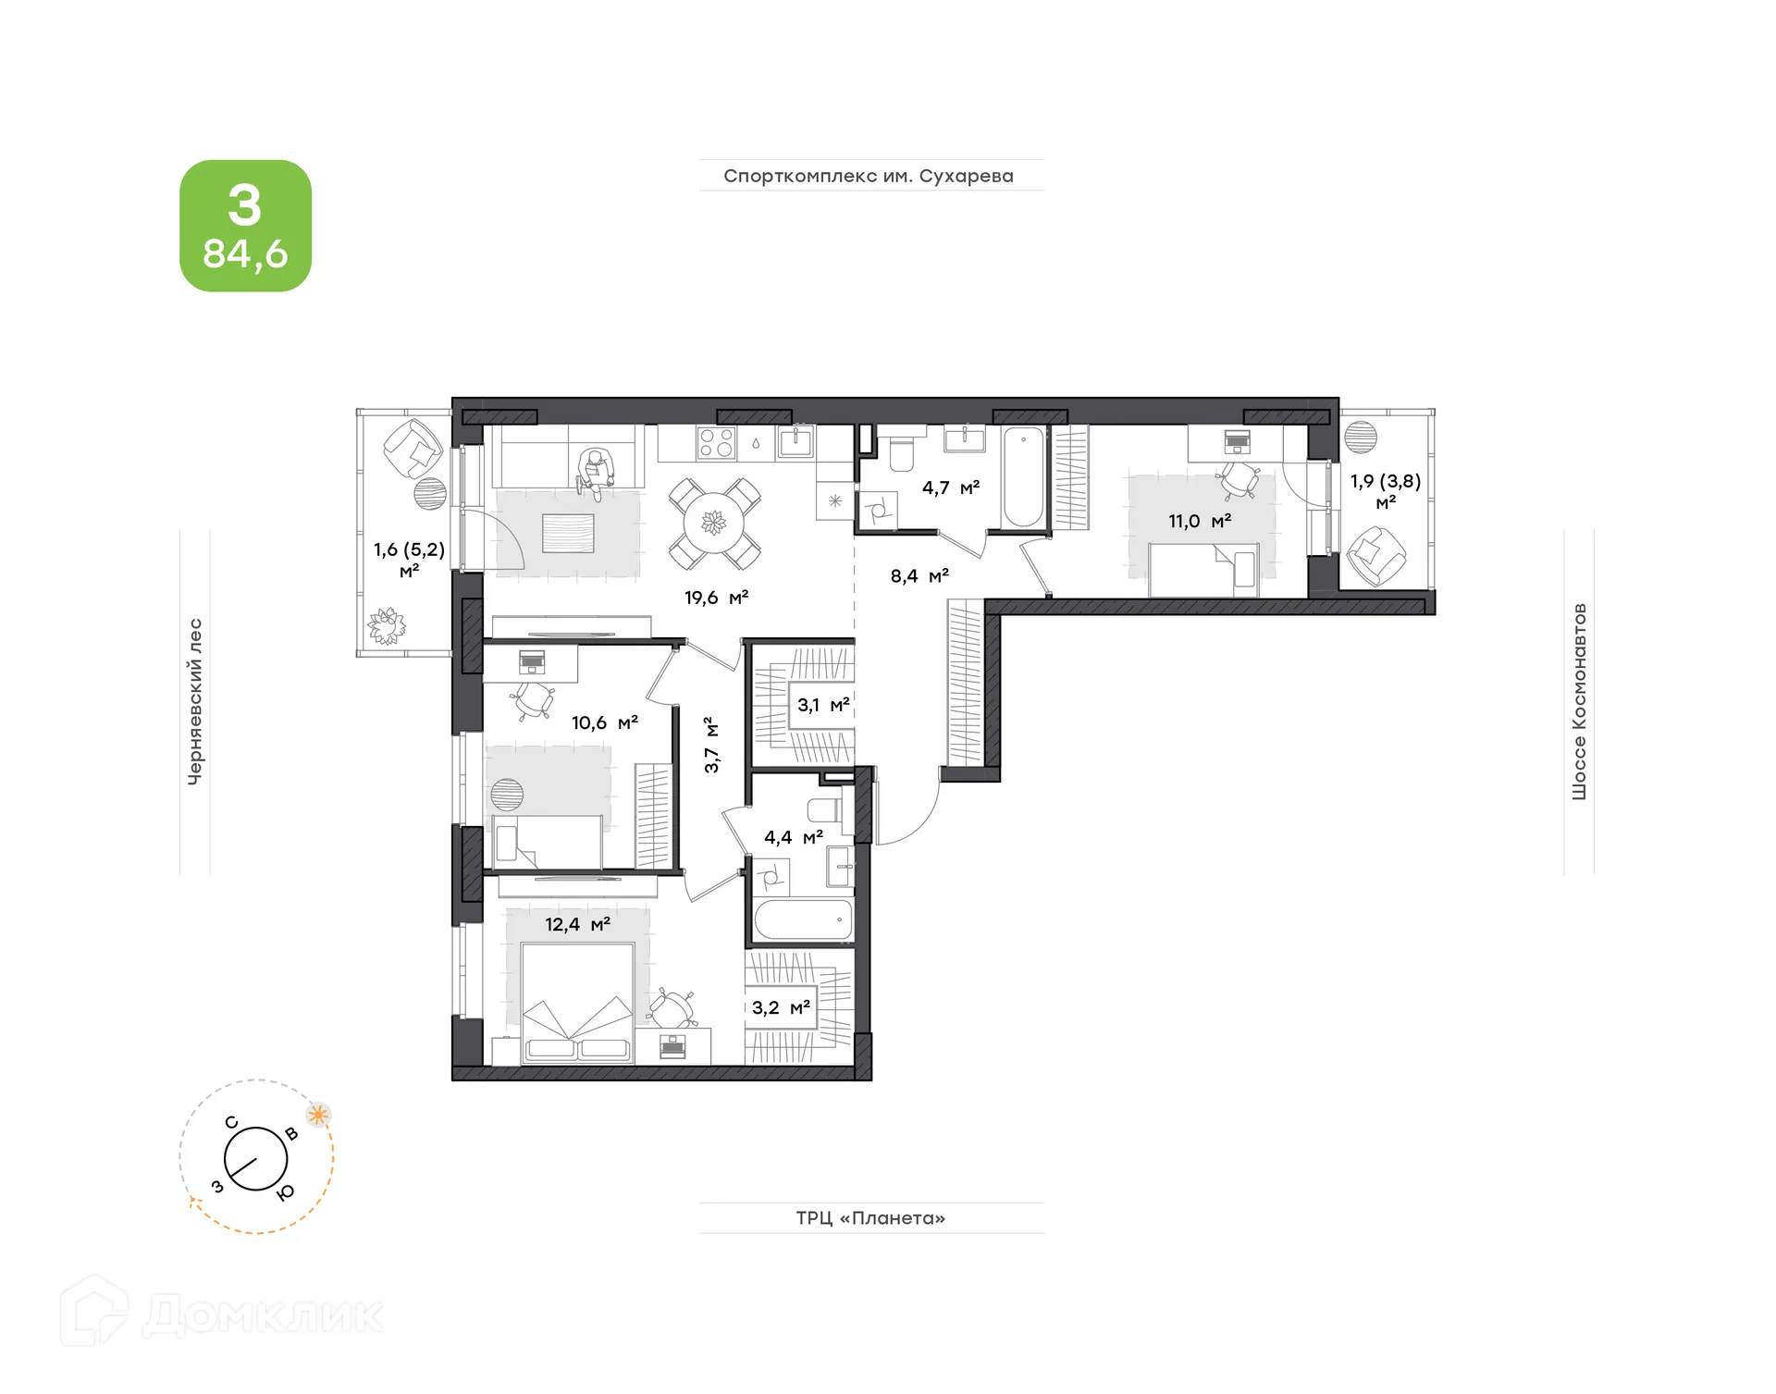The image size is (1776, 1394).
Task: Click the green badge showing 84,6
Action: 245,226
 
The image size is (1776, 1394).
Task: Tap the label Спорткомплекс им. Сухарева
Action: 869,176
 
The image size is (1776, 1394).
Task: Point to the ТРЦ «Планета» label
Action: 870,1217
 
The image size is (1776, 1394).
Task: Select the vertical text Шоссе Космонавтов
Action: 1579,701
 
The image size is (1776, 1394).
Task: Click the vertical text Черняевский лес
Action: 194,701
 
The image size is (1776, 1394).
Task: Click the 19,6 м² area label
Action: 716,598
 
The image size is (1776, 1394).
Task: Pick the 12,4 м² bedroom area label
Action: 577,924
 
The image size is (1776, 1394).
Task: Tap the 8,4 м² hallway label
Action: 919,576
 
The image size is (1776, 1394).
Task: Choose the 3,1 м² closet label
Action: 823,705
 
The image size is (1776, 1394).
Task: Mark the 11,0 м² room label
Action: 1200,522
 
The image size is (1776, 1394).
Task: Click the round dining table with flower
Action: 714,524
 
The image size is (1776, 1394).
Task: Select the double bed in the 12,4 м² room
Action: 578,1003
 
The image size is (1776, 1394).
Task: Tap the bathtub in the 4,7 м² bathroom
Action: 1023,477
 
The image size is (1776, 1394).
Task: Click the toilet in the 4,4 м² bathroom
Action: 825,809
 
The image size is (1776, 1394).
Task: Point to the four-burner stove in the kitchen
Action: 716,442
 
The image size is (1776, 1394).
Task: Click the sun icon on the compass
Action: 318,1115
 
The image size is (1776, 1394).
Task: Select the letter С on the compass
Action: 231,1123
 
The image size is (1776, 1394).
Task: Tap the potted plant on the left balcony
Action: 387,625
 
